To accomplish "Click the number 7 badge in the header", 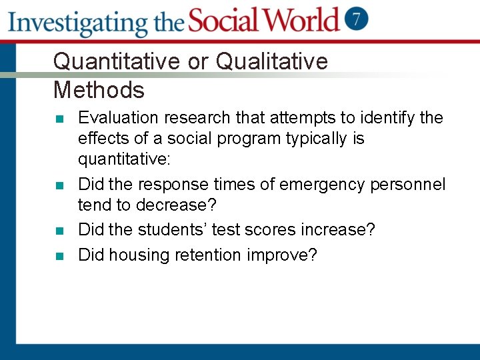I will pos(357,18).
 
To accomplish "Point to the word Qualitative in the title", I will pos(272,61).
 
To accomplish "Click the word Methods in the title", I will pos(99,89).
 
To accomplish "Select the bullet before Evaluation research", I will pos(59,119).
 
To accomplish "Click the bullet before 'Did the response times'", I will pos(59,185).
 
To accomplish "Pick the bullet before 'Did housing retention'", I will pos(59,256).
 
